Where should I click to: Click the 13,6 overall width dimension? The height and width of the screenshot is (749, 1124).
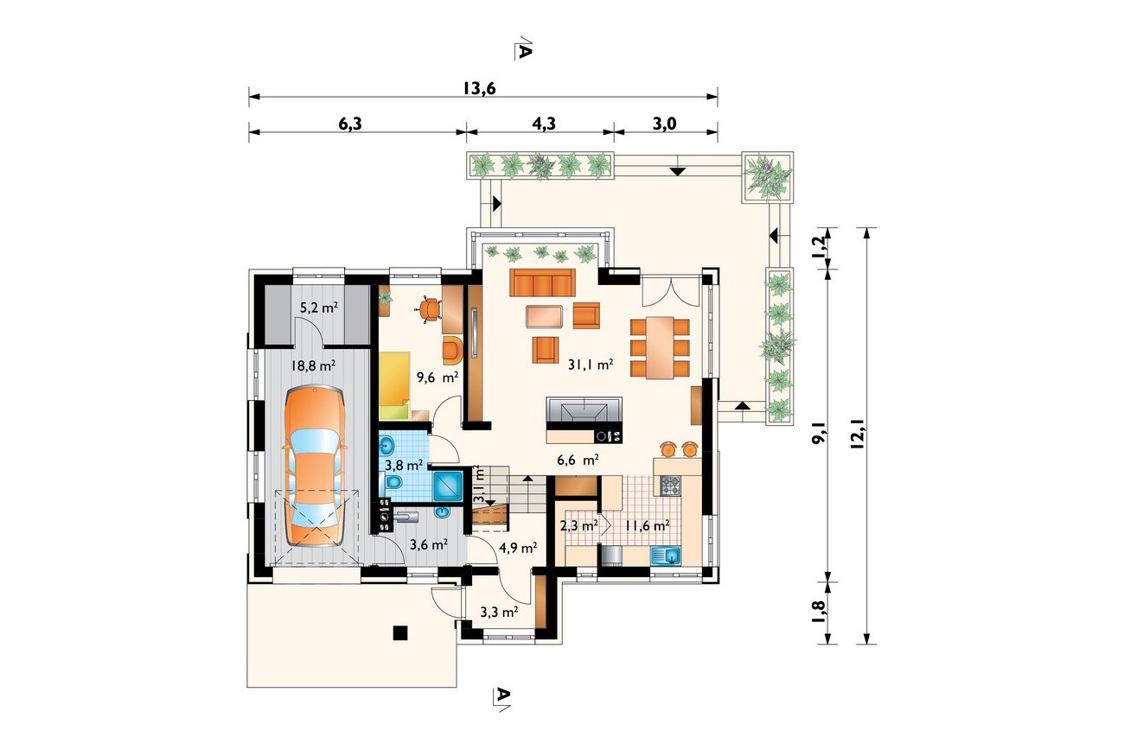tap(479, 88)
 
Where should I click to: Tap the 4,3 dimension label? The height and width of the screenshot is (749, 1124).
tap(544, 124)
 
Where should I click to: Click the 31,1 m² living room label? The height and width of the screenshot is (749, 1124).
tap(590, 365)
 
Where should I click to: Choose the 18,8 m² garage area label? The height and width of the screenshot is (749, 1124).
tap(313, 365)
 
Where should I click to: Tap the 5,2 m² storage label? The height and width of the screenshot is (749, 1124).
tap(319, 308)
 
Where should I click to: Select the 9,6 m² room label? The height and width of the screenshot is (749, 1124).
tap(437, 377)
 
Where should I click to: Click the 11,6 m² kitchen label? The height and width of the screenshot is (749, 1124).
tap(648, 525)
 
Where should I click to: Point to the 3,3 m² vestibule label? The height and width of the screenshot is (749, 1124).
tap(499, 612)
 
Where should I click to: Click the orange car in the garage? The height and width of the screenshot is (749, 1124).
tap(315, 467)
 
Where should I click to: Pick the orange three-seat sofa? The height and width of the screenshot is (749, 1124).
tap(542, 282)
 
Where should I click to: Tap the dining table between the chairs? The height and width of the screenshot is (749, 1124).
tap(660, 347)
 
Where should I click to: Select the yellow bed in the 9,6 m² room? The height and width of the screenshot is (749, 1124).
tap(394, 385)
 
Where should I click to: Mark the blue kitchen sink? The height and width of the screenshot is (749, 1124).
tap(666, 555)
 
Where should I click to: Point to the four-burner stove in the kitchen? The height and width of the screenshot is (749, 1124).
tap(670, 486)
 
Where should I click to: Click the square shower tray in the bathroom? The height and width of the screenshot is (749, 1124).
tap(448, 486)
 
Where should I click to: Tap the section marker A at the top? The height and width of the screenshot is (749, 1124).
tap(523, 48)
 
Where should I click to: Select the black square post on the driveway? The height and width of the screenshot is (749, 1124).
tap(400, 633)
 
